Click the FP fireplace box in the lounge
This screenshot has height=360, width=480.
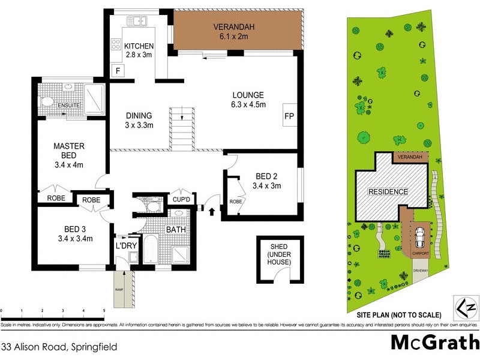point(289,116)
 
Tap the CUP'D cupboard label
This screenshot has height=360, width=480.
point(181,200)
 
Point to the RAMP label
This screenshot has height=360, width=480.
point(119,289)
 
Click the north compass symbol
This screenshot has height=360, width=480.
point(467,308)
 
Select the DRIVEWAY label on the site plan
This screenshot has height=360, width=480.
point(420,271)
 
